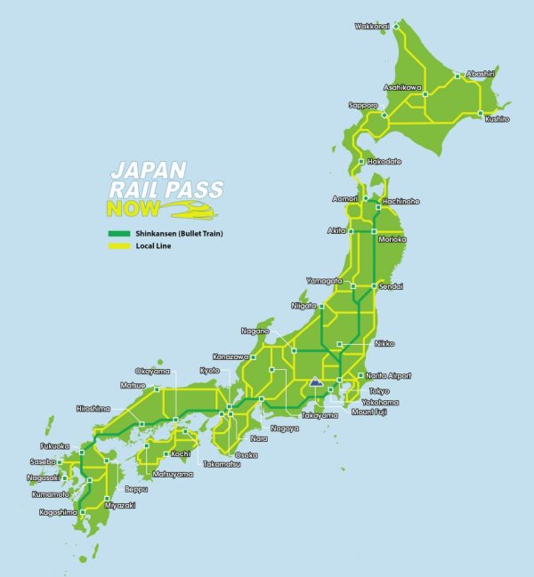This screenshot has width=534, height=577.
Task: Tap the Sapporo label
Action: point(363,105)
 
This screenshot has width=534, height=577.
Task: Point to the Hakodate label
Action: point(384,162)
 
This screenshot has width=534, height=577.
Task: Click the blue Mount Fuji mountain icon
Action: point(313,384)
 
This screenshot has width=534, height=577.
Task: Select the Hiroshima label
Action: point(94,408)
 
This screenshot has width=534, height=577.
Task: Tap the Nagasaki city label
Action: point(44,477)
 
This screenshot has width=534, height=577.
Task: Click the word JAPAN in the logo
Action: point(148,169)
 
